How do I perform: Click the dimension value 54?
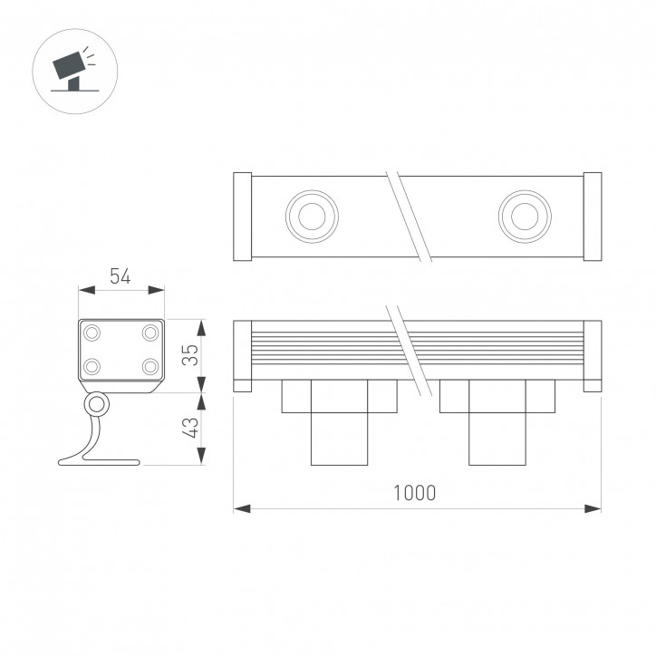pyautogui.click(x=120, y=276)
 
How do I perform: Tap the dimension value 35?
pyautogui.click(x=188, y=354)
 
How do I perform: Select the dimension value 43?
pyautogui.click(x=188, y=429)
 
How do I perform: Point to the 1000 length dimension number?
pyautogui.click(x=415, y=493)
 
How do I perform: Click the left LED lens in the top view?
pyautogui.click(x=312, y=216)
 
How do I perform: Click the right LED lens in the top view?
pyautogui.click(x=524, y=216)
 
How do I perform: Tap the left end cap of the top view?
pyautogui.click(x=242, y=216)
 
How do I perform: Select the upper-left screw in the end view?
pyautogui.click(x=92, y=333)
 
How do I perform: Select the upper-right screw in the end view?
pyautogui.click(x=150, y=333)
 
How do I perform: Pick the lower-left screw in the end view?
pyautogui.click(x=92, y=366)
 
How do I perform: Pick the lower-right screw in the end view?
pyautogui.click(x=150, y=366)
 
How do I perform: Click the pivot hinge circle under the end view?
pyautogui.click(x=95, y=403)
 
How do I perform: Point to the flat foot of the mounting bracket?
pyautogui.click(x=100, y=462)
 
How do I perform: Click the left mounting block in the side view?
pyautogui.click(x=340, y=421)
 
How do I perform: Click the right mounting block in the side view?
pyautogui.click(x=497, y=421)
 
